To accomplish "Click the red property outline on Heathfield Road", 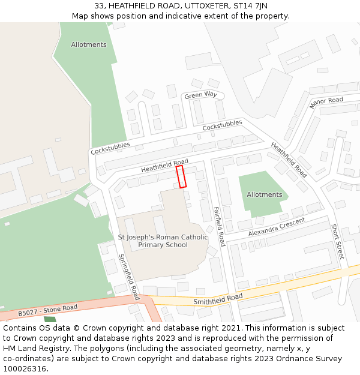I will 181,177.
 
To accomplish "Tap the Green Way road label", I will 200,95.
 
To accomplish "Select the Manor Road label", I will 326,103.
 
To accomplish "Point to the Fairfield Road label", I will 219,227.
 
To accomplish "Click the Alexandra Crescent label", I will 277,227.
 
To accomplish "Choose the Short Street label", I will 337,242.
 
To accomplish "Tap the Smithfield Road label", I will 218,299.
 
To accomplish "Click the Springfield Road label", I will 128,277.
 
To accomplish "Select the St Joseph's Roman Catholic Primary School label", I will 163,241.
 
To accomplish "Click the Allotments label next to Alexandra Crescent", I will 264,194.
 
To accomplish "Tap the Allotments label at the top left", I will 89,44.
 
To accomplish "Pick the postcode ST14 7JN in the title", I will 251,5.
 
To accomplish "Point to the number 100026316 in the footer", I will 25,368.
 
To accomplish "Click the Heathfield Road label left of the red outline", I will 164,166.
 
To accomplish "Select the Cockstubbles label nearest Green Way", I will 222,126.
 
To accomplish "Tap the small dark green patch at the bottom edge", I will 50,319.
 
